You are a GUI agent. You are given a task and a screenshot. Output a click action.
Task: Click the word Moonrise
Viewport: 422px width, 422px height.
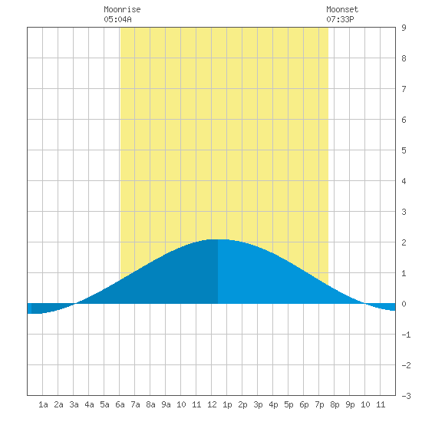122,9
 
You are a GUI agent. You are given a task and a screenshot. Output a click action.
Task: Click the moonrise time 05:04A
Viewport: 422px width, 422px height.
117,19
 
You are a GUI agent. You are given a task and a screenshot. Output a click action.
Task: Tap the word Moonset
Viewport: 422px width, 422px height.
342,9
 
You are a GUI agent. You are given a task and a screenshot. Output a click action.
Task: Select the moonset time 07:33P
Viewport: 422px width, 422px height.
340,19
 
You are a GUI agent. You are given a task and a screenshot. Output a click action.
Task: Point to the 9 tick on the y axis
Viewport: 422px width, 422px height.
404,28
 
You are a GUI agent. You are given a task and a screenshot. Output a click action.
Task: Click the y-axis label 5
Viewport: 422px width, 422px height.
404,150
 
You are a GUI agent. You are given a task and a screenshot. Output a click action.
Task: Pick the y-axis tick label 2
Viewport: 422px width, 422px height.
404,242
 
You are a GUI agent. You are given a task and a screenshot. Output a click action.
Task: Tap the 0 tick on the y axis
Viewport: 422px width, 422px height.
404,304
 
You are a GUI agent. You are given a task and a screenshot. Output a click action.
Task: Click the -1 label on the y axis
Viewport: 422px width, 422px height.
406,335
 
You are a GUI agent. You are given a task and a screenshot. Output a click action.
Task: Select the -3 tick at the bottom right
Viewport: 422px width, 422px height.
406,396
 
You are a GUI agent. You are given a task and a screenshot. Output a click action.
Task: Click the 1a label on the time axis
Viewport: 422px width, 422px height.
43,404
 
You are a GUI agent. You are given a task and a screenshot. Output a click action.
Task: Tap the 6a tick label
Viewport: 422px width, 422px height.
120,404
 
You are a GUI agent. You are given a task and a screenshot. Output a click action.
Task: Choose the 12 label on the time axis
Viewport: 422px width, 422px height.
212,404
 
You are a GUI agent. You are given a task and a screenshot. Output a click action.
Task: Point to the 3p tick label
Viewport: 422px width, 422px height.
258,404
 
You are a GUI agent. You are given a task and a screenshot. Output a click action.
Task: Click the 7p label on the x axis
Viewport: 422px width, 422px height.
319,404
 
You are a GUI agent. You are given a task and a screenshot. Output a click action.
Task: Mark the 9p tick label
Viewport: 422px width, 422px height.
350,404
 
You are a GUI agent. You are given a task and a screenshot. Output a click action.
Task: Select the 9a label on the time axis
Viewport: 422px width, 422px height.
166,404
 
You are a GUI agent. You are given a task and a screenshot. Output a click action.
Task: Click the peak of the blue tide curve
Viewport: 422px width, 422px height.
218,239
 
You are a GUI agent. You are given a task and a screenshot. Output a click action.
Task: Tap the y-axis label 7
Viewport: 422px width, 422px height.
404,89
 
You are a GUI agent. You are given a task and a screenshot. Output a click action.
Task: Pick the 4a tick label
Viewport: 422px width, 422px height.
89,404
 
